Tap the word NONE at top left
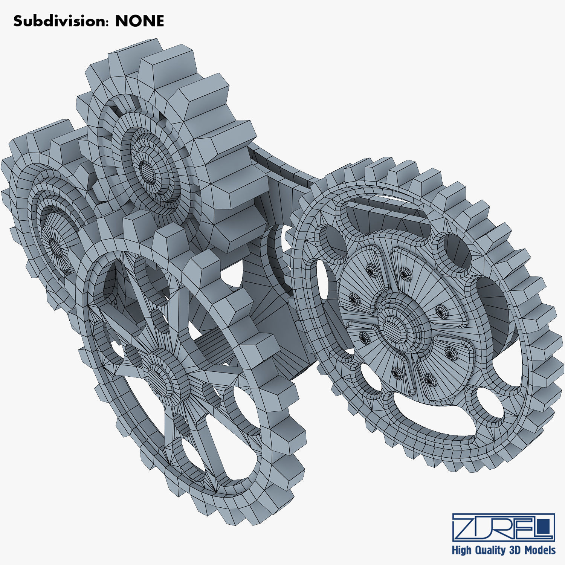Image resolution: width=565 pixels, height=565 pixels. pos(140,21)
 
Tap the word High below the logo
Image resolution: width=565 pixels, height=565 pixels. pos(461,550)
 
